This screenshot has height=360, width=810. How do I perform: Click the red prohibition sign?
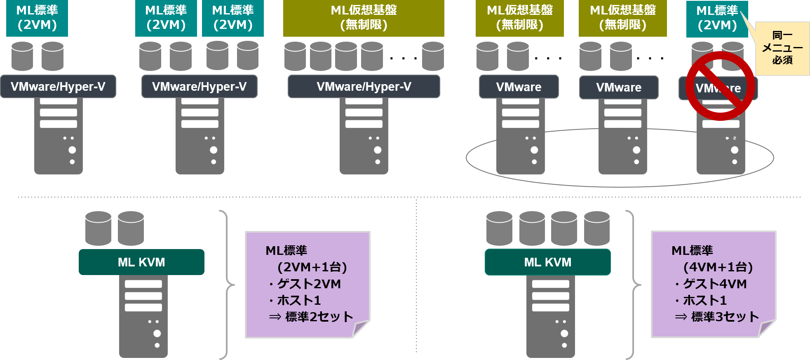(720, 86)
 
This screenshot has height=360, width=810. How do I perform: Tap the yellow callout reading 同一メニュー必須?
(782, 48)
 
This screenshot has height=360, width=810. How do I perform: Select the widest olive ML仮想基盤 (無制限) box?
(364, 18)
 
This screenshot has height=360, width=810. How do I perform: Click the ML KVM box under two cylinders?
(141, 262)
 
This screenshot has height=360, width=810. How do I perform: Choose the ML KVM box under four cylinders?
(547, 262)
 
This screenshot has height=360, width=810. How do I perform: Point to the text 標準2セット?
(319, 317)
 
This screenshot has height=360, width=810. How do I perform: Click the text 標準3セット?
(725, 317)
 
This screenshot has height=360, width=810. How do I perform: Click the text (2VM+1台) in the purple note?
(312, 267)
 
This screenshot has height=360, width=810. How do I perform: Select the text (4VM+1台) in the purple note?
(718, 267)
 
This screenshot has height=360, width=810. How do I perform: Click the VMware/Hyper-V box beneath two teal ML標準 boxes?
(199, 87)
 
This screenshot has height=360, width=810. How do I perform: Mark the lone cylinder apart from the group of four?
(433, 56)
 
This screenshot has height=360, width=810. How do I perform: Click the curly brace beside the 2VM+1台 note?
(228, 285)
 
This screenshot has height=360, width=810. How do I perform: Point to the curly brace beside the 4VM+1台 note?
(634, 285)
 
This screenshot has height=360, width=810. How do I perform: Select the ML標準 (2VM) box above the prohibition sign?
(717, 18)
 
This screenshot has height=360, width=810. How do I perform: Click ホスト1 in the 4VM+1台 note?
(704, 300)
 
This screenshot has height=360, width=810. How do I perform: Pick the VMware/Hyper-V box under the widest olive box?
(364, 87)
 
